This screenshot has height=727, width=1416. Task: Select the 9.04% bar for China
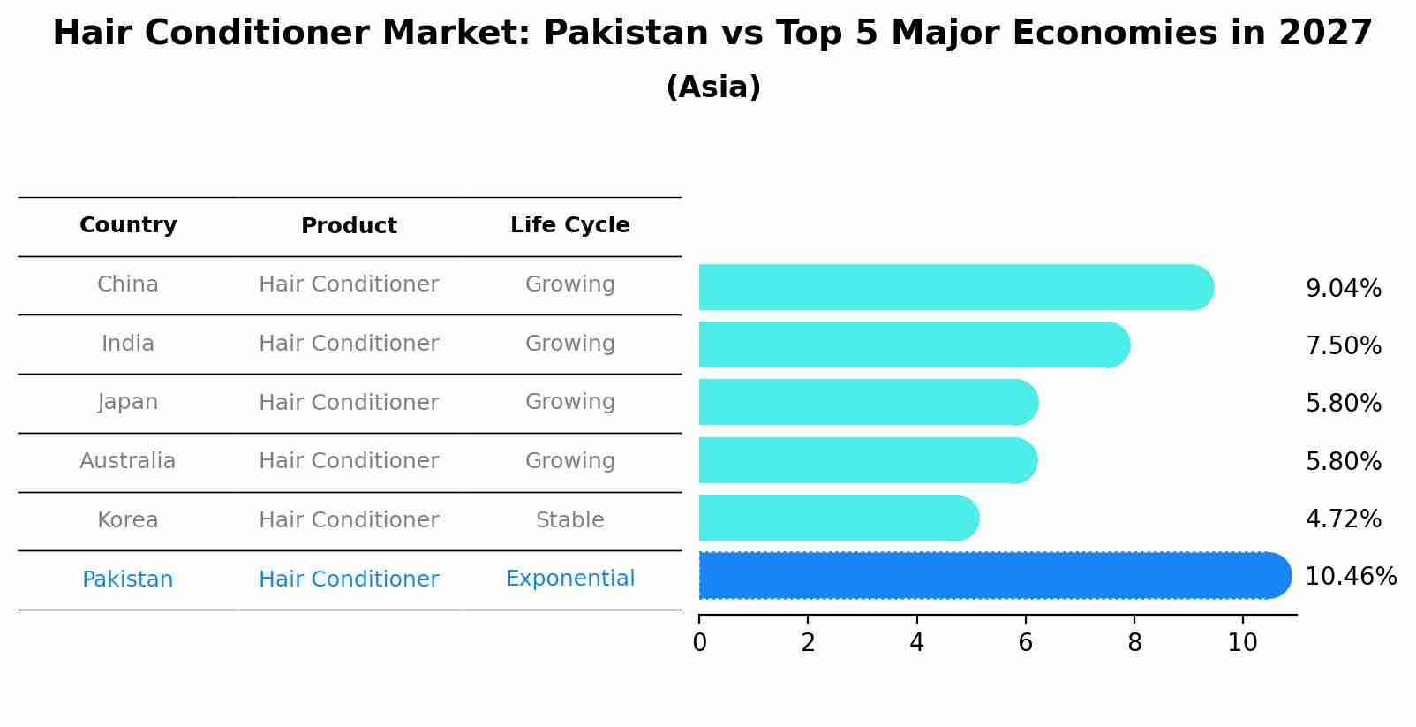953,287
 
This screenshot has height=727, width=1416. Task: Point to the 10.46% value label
1350,577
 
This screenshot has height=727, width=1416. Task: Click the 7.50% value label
1343,345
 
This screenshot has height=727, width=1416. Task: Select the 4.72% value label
1343,519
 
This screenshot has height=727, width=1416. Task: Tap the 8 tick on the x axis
1134,643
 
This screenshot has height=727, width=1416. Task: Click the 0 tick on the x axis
699,643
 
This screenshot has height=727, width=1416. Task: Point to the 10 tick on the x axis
1242,643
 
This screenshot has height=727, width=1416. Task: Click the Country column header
128,225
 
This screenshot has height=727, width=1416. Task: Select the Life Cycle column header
569,225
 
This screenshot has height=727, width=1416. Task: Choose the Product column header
349,226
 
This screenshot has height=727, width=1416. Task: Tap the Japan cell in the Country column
128,402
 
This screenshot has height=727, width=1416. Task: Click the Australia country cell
128,461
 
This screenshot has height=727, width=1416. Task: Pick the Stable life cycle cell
569,520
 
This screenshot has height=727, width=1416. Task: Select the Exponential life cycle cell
569,579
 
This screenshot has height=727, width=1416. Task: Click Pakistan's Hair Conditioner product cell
349,579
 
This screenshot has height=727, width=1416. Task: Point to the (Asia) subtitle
713,87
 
